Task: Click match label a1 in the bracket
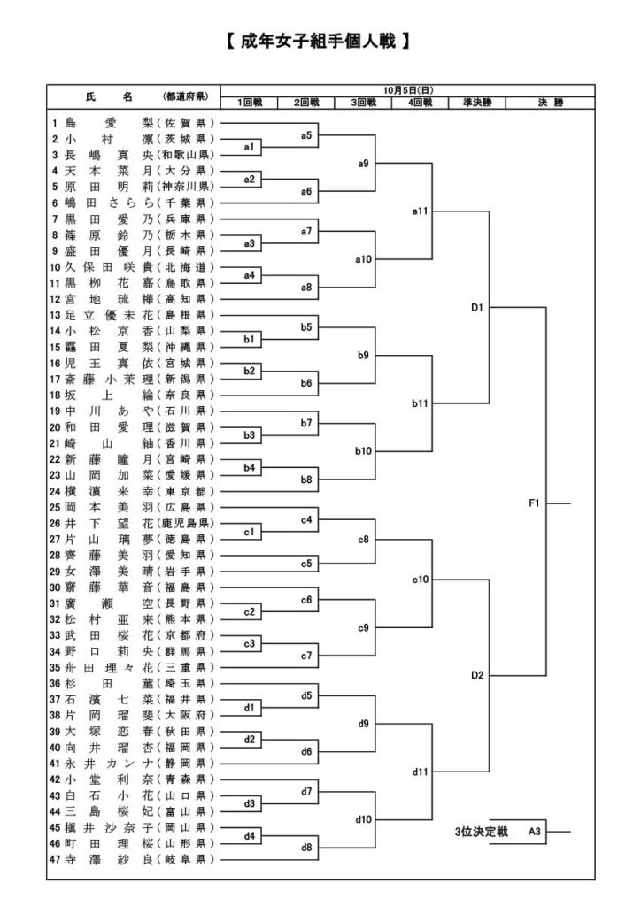click(250, 147)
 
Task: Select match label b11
click(421, 403)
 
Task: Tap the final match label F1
click(534, 503)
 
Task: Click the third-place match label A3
click(534, 832)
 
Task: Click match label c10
click(421, 580)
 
